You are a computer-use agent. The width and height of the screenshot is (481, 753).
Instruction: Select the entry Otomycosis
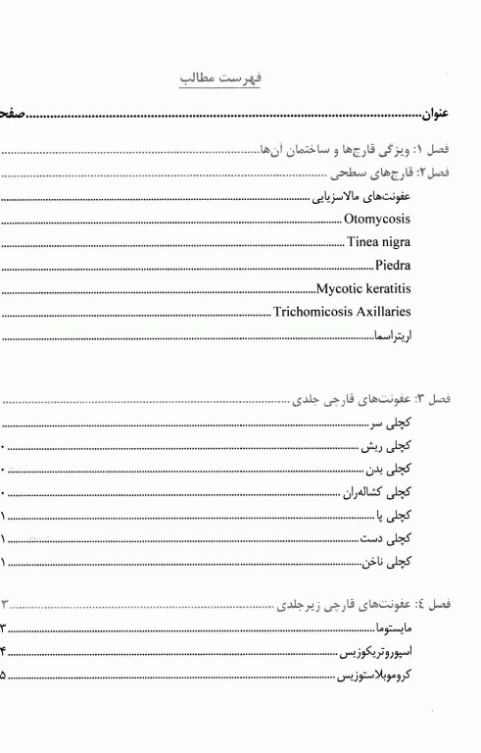377,219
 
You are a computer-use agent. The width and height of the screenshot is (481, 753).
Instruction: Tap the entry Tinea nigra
378,242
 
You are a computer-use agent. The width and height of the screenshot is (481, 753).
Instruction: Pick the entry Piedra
392,266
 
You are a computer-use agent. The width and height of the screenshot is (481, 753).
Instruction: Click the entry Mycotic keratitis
363,289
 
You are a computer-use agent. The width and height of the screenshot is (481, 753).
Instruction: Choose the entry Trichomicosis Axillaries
341,313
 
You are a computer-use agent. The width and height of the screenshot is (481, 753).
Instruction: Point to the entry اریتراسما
392,336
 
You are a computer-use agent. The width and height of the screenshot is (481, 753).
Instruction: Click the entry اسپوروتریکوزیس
374,651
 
